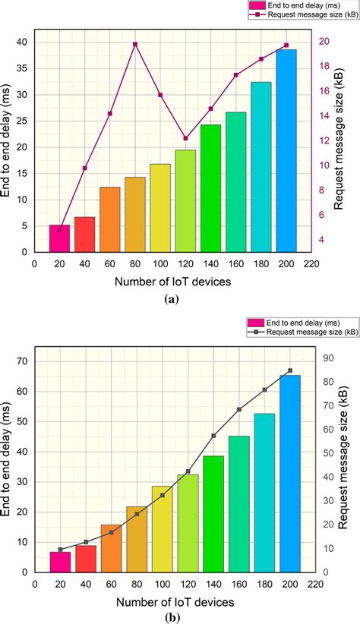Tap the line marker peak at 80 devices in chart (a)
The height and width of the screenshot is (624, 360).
(135, 44)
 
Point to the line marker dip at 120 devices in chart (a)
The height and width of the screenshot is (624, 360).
(186, 138)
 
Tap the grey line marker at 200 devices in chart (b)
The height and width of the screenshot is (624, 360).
(290, 370)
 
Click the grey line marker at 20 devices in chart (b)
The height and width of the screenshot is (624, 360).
(61, 550)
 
